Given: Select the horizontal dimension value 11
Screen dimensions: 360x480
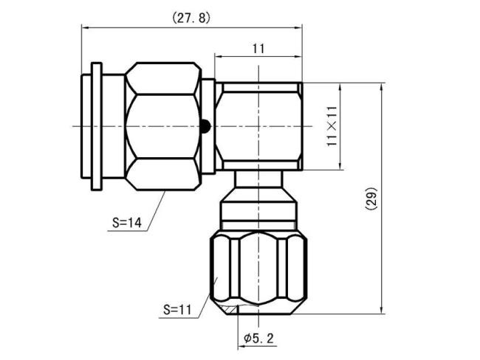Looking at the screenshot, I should pos(258,49).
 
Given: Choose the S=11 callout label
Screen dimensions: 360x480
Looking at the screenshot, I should pos(176,310).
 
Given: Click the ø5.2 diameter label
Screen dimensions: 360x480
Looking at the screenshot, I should pos(258,339).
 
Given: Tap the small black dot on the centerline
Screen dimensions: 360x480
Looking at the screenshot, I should pos(207,126).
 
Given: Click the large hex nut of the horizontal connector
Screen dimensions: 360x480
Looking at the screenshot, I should pos(162,126).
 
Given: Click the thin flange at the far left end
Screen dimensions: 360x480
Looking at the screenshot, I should pos(94,126).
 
